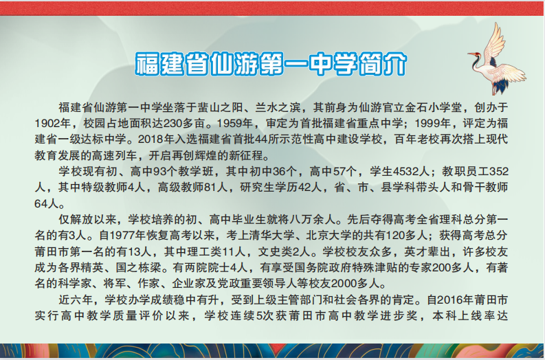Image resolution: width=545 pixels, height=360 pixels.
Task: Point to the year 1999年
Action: coord(433,124)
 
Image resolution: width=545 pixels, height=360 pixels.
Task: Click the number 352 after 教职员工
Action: coord(499,172)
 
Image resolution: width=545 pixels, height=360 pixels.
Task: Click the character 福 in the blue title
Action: coord(147,65)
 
